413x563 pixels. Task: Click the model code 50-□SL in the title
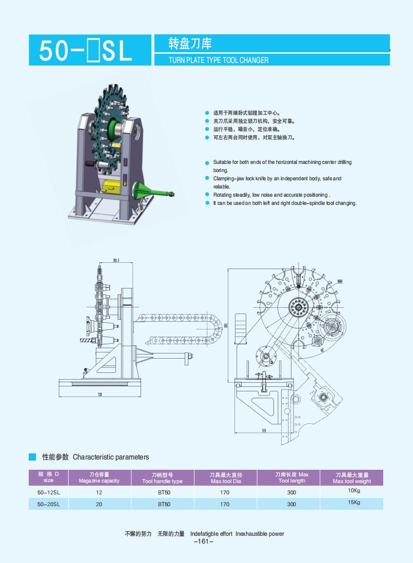pos(85,51)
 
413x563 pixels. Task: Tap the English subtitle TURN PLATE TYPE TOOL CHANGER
pos(219,60)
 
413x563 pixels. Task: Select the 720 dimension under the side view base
pos(100,394)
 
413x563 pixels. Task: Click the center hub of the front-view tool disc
pos(296,308)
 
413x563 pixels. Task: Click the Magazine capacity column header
pos(99,478)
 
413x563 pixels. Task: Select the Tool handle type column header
pos(162,478)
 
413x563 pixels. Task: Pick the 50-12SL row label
pos(49,492)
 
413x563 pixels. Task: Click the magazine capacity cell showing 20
pos(99,504)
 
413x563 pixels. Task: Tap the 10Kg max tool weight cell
pos(354,491)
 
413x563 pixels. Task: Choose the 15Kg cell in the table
pos(354,503)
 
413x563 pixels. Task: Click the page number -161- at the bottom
pos(204,541)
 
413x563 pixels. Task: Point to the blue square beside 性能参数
pos(32,456)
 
